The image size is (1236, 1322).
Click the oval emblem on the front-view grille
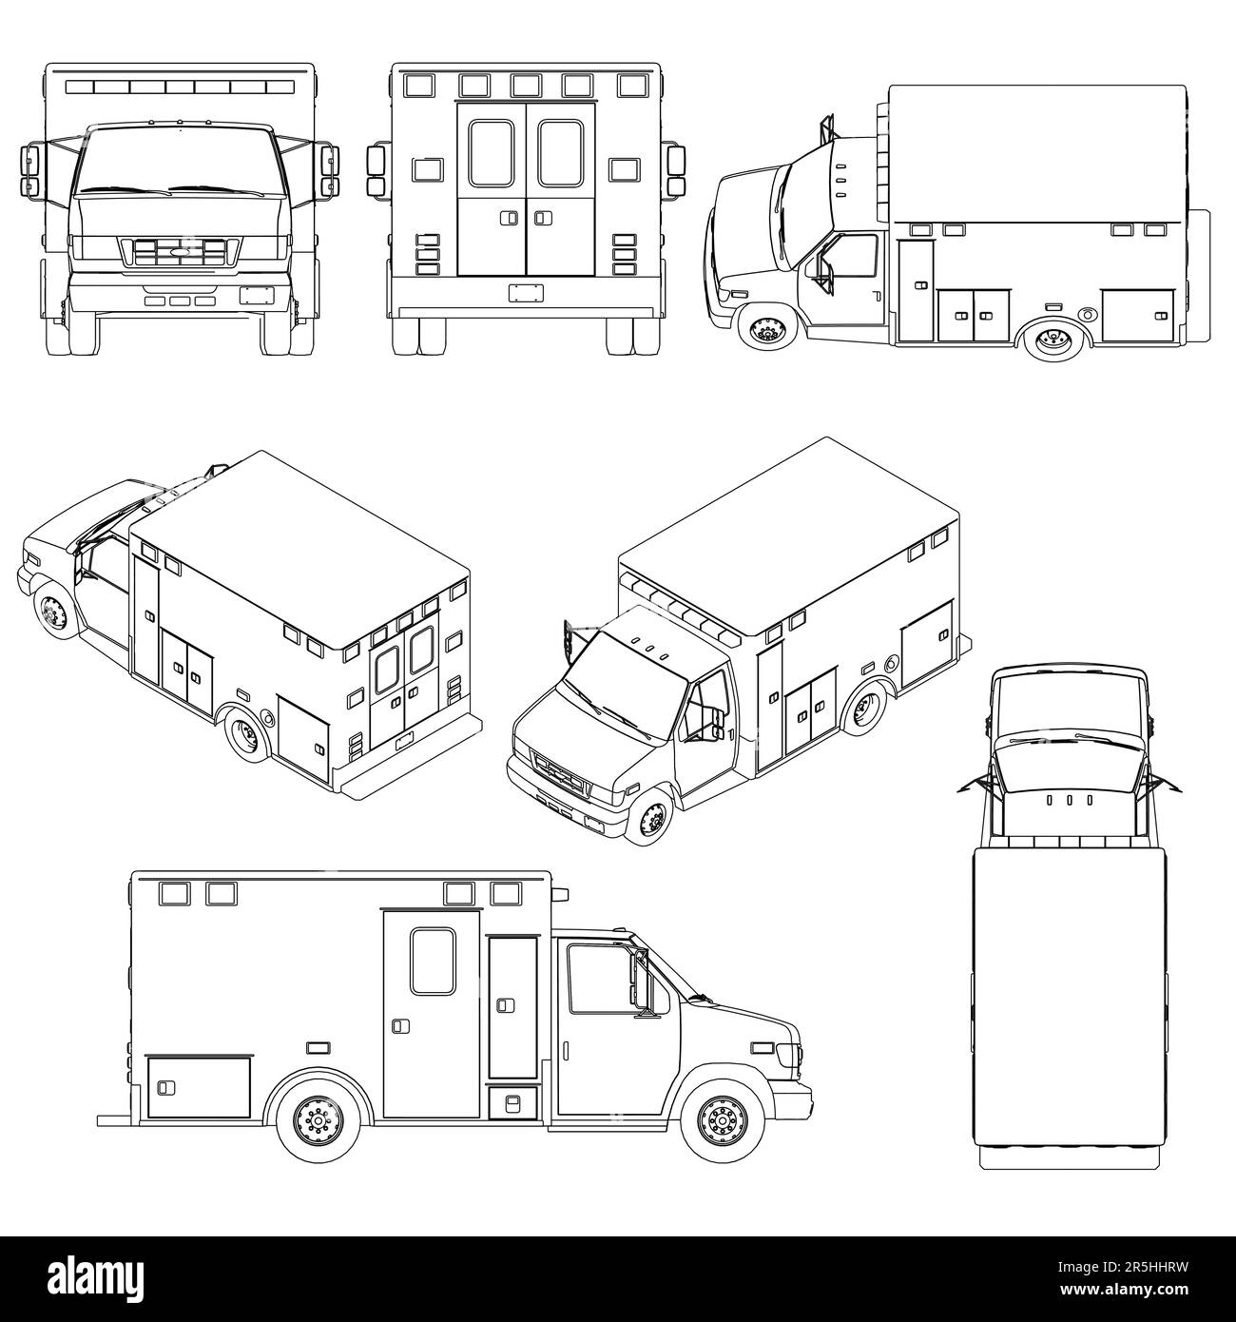180,252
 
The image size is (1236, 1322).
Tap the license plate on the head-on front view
255,295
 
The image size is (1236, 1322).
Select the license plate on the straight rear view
524,291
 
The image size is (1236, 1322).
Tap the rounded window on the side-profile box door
433,962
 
